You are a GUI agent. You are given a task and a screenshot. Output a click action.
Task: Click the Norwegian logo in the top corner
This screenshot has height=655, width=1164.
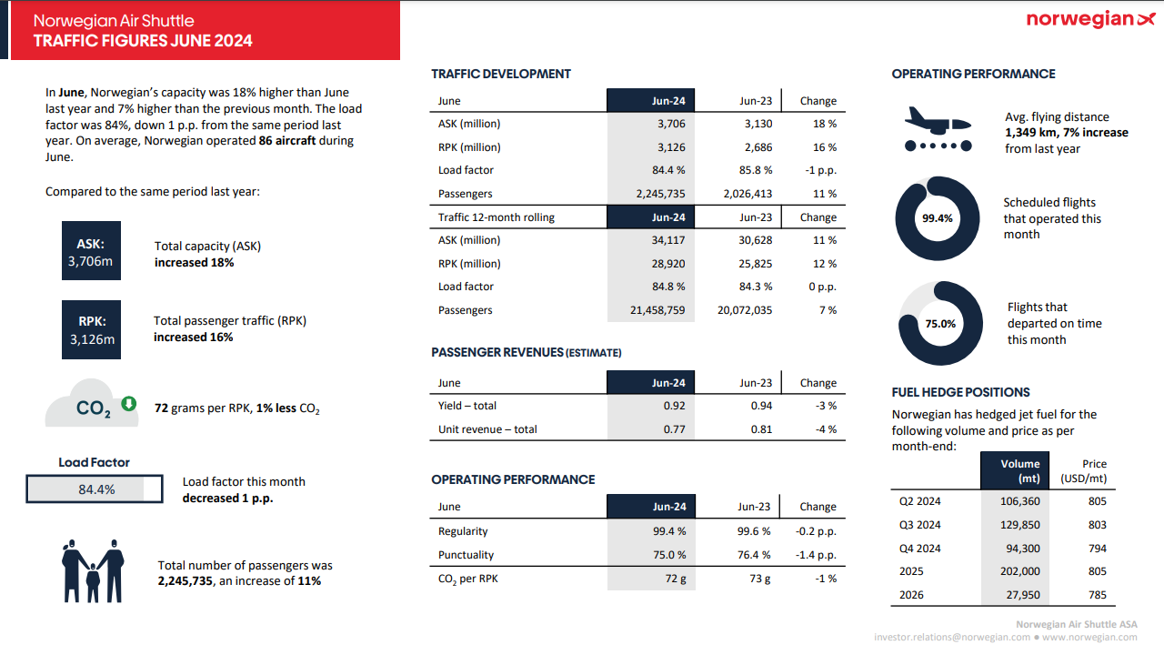tap(1090, 19)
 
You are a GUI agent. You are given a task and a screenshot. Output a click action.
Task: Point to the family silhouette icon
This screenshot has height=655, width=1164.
tap(93, 570)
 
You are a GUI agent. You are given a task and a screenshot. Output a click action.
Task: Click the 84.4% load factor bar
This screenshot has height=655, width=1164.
tap(95, 489)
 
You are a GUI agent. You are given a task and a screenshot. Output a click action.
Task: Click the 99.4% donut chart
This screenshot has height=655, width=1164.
tap(938, 218)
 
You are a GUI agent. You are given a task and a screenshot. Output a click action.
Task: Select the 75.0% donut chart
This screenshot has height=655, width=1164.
tap(940, 324)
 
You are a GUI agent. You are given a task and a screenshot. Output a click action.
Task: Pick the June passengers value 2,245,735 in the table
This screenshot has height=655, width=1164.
tap(661, 194)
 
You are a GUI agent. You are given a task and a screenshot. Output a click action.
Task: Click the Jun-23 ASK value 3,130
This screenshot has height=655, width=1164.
tap(758, 124)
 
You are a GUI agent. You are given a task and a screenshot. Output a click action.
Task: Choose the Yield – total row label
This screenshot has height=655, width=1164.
tap(467, 406)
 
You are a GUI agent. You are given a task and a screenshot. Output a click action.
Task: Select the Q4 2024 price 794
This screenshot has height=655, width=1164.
tap(1097, 549)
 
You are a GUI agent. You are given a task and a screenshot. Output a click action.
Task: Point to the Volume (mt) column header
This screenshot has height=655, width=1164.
tap(1019, 470)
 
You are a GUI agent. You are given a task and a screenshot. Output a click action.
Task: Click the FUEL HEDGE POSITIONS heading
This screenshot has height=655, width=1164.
tap(960, 392)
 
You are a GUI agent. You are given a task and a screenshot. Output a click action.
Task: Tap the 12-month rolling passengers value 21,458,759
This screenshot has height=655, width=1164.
tap(657, 310)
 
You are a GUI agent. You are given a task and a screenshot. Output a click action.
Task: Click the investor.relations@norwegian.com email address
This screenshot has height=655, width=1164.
tap(951, 638)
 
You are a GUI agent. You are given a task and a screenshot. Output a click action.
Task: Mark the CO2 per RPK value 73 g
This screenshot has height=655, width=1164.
tap(759, 579)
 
